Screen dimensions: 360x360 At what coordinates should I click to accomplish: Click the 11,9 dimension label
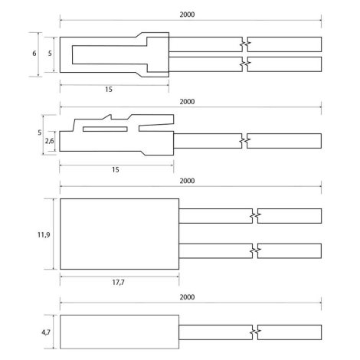44,234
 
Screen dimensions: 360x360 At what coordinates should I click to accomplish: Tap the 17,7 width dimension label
119,282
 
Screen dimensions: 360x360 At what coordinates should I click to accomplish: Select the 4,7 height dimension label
46,332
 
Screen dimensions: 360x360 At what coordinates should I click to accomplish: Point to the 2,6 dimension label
49,141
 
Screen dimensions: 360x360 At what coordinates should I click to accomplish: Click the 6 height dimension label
34,54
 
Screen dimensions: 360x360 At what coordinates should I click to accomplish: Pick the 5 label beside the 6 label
50,54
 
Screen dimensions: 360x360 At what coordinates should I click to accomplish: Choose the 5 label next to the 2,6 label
39,133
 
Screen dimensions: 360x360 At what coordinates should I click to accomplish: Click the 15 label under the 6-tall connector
109,90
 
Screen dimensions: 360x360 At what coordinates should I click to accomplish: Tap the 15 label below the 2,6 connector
116,169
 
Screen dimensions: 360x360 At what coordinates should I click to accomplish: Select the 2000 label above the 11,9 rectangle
187,181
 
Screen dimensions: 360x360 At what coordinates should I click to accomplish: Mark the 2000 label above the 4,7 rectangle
187,297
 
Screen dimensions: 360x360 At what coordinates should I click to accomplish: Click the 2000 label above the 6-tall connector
187,15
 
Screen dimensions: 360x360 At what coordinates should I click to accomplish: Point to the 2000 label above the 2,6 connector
187,102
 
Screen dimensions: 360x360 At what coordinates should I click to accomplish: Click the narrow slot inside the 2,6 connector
105,129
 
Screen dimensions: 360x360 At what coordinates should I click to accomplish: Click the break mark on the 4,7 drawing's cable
255,332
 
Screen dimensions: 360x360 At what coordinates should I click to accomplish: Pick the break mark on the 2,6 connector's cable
244,141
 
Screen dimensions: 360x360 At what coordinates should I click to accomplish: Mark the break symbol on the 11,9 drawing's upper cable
255,216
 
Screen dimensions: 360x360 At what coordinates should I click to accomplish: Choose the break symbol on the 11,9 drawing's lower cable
255,251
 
